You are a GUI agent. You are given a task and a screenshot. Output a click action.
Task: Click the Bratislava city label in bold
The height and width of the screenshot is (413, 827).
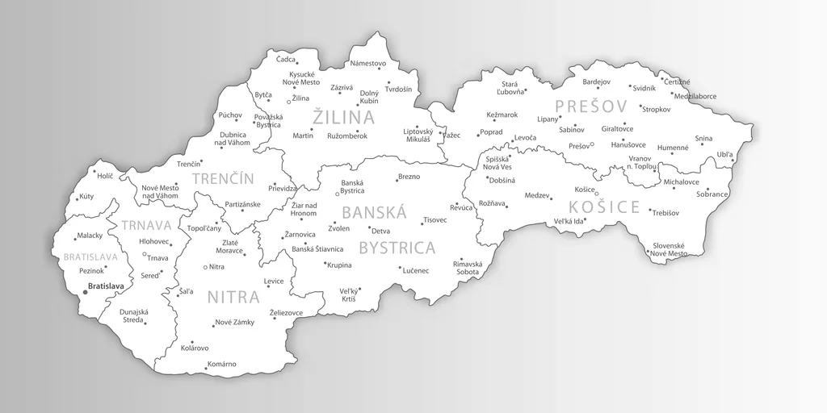pos(106,286)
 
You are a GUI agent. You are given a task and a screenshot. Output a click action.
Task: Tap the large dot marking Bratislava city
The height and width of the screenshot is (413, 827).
pos(85,292)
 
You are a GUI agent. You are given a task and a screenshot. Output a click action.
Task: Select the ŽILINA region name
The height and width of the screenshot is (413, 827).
pos(344,118)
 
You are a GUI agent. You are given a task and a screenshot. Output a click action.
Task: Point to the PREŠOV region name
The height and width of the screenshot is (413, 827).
pos(591,106)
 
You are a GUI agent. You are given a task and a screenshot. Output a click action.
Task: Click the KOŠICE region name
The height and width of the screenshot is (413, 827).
pos(603,207)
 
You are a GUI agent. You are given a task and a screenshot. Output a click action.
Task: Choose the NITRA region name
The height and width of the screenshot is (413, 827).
pos(233,297)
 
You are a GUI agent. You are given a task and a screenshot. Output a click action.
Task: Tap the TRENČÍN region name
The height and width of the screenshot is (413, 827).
pos(223,179)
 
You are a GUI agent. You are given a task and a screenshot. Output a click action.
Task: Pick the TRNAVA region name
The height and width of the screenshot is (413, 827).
pos(148,226)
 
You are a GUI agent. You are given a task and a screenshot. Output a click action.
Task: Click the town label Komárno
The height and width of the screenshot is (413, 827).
pos(221,364)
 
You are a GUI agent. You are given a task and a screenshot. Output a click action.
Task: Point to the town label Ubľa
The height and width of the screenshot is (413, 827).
pos(725,154)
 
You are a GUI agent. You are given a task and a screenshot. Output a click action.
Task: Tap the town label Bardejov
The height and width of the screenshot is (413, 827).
pos(596,81)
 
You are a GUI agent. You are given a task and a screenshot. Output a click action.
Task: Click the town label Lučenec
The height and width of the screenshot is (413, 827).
pos(415,270)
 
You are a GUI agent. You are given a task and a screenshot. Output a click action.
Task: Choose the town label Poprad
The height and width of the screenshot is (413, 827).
pos(491,132)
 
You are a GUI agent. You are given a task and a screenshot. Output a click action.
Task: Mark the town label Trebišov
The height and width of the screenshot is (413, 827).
pos(665,212)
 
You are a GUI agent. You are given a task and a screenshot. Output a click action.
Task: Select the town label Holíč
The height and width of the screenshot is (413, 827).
pos(105,174)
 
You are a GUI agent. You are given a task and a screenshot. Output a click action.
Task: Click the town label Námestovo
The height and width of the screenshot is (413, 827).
pos(368,63)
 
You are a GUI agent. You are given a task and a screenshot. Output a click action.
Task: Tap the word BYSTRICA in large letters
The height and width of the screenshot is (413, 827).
pos(397,247)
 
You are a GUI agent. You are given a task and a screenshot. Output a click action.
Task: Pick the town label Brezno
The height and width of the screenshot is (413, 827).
pos(409,176)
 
